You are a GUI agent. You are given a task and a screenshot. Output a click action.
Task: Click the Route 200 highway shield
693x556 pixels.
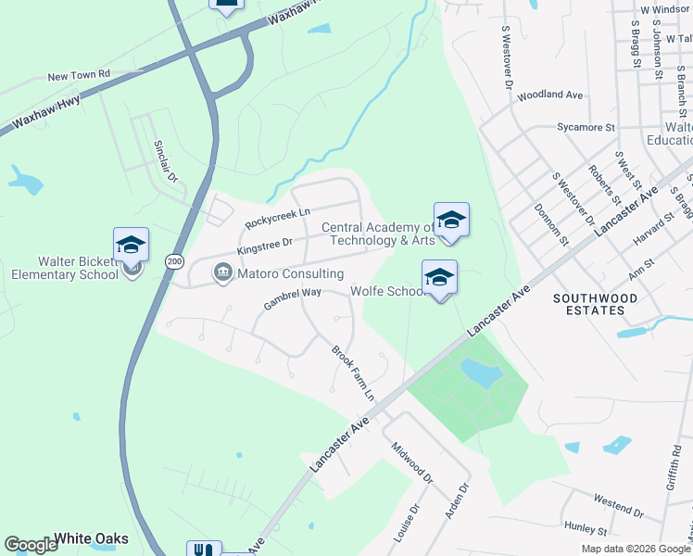(x=174, y=262)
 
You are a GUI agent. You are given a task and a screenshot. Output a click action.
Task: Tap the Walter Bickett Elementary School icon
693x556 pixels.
(x=131, y=246)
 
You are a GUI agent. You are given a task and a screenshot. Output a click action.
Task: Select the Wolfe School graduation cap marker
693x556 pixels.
(x=439, y=276)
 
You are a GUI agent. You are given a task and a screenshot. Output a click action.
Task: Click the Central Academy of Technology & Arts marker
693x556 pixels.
(x=451, y=220)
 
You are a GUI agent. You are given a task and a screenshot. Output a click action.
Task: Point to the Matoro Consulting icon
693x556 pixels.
(x=222, y=273)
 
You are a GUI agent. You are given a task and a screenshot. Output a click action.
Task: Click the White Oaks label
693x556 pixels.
(x=91, y=538)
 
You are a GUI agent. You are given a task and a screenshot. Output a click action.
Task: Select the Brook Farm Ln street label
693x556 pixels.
(x=353, y=373)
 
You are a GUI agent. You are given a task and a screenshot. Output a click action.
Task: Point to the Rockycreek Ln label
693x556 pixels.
(x=276, y=218)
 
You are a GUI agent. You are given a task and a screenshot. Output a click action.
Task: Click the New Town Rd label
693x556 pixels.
(x=79, y=74)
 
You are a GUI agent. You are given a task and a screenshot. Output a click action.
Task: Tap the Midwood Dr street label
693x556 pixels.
(x=412, y=462)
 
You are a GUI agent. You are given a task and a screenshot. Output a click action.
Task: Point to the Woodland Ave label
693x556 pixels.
(x=549, y=95)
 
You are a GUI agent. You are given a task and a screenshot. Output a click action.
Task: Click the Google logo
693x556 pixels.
(x=31, y=545)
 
